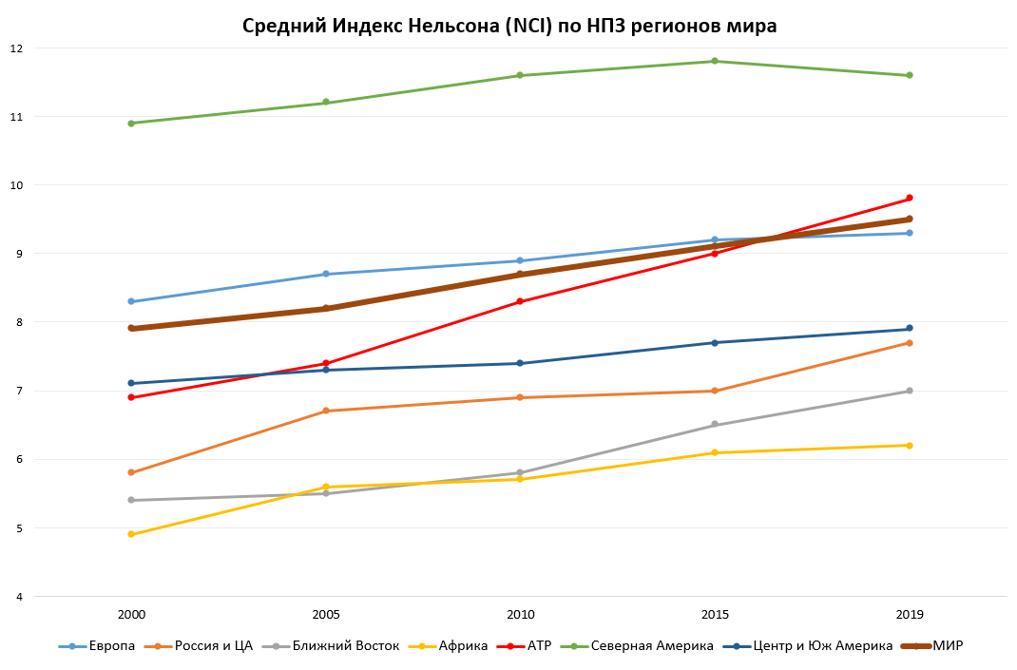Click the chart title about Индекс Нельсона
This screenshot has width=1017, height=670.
coord(509,26)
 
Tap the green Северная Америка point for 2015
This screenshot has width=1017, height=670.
coord(715,61)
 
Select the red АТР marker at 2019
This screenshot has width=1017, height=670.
coord(910,199)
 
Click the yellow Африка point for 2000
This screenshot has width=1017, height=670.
coord(131,534)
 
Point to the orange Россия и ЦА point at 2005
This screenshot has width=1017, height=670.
coord(326,411)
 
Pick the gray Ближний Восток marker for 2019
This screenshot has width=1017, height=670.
coord(910,391)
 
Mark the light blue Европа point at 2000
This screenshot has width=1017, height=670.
coord(131,301)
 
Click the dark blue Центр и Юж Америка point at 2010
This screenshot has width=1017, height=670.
coord(520,363)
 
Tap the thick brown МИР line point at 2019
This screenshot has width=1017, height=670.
coord(910,219)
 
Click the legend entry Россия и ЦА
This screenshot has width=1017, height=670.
coord(206,646)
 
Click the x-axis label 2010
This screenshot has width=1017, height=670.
coord(520,615)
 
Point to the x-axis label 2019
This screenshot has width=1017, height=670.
coord(910,615)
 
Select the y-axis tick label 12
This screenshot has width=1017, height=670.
coord(16,48)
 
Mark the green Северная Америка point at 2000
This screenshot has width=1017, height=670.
coord(131,123)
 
